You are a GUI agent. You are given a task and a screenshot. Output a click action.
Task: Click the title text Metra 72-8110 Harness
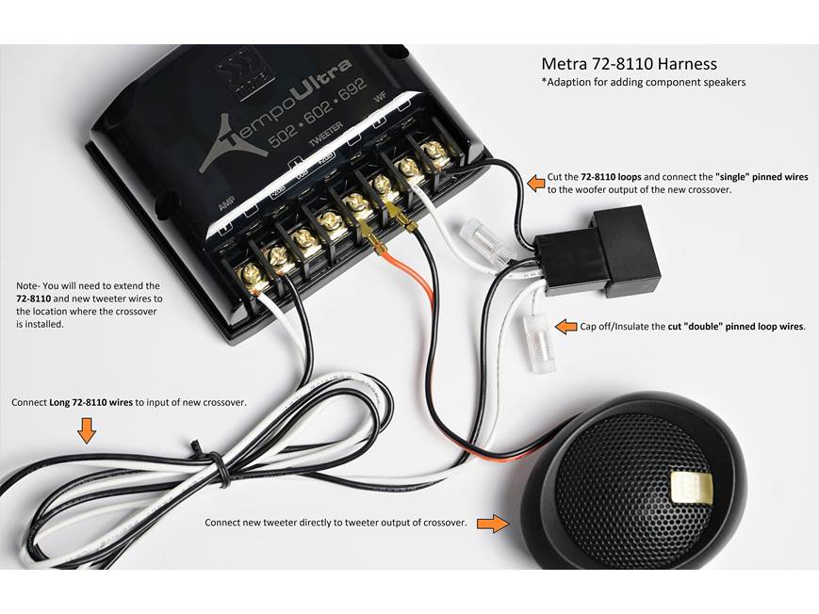pos(629,64)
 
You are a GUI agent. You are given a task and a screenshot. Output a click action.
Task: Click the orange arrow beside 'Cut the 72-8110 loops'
pos(535,182)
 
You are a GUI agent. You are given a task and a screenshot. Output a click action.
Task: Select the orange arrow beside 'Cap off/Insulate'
pos(565,327)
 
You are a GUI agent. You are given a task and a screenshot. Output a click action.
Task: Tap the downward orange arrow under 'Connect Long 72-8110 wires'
pos(87,430)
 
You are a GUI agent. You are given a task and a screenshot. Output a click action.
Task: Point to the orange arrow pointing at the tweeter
pos(492,523)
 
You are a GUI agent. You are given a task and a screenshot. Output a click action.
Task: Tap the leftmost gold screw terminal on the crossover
pos(252,275)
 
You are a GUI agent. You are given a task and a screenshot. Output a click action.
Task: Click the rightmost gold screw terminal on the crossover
pos(435,151)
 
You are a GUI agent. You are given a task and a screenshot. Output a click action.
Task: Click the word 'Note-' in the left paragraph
pos(29,285)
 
